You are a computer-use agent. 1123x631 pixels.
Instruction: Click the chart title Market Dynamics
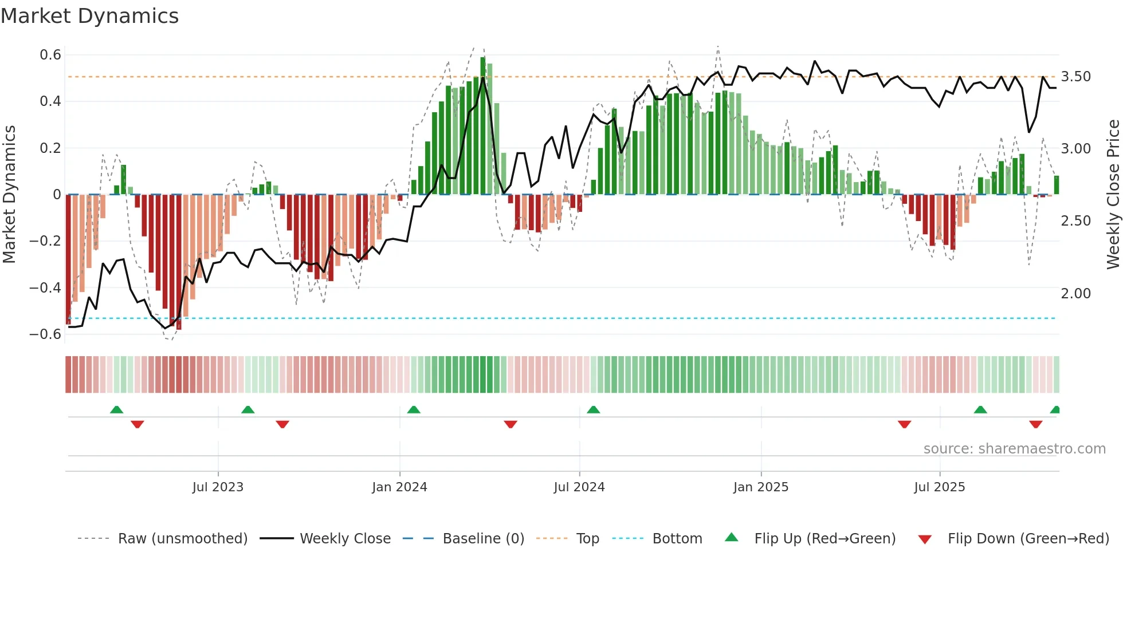(x=89, y=16)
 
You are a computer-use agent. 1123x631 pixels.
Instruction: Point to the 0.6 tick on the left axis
(x=50, y=55)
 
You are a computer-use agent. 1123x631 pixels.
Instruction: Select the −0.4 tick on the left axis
(x=45, y=287)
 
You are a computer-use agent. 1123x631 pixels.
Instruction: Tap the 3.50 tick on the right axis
(x=1075, y=77)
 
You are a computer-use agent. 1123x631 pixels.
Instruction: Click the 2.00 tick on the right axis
(x=1075, y=294)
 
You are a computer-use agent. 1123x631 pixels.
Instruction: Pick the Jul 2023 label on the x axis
(x=218, y=487)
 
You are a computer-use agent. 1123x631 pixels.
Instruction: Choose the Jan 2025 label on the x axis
(x=760, y=487)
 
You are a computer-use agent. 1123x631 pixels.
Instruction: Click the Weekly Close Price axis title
(x=1113, y=195)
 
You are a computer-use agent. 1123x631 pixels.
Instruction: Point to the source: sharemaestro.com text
(x=1014, y=449)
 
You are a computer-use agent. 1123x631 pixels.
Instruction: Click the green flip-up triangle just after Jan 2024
(x=414, y=410)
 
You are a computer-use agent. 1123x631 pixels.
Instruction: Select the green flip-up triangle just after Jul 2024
(x=593, y=410)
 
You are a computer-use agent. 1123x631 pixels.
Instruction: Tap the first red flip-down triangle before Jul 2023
(x=137, y=424)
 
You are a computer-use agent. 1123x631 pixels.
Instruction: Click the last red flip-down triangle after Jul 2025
(x=1035, y=424)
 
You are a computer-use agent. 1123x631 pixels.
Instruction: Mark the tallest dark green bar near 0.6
(x=483, y=126)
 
